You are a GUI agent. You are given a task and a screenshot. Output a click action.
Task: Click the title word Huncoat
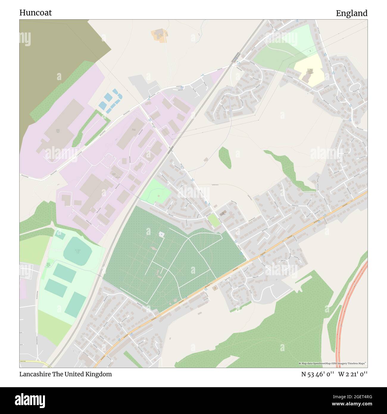pyautogui.click(x=35, y=13)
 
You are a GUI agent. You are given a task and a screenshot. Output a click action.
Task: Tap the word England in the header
pyautogui.click(x=352, y=13)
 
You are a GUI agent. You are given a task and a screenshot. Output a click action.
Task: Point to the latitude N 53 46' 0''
pyautogui.click(x=318, y=374)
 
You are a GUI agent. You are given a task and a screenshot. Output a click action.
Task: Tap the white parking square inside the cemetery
pyautogui.click(x=162, y=234)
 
